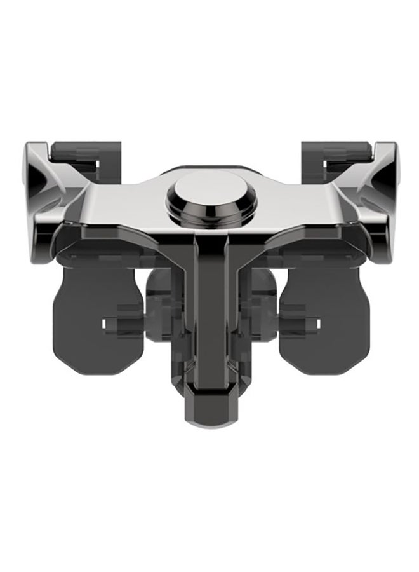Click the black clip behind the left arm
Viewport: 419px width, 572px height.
tap(76, 153)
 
